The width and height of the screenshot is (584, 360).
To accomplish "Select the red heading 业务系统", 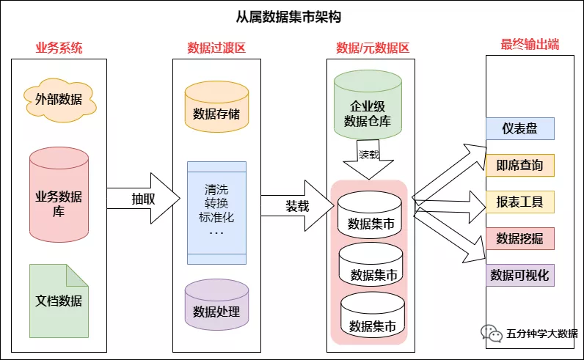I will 59,48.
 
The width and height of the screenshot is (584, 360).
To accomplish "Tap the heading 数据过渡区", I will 216,48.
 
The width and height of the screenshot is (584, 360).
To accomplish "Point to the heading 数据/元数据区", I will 372,48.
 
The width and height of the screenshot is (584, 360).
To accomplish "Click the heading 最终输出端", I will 530,45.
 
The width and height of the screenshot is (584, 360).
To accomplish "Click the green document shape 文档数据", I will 59,300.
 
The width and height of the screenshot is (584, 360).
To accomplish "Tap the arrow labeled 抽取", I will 143,199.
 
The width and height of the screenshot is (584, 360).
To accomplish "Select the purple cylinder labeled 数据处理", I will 216,309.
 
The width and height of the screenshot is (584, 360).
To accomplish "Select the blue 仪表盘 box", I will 519,129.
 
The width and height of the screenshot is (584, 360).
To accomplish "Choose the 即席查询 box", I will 519,166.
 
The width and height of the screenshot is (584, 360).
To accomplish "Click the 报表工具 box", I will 519,202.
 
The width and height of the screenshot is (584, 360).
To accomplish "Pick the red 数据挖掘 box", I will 519,238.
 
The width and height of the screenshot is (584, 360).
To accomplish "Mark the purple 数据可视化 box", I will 519,275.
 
